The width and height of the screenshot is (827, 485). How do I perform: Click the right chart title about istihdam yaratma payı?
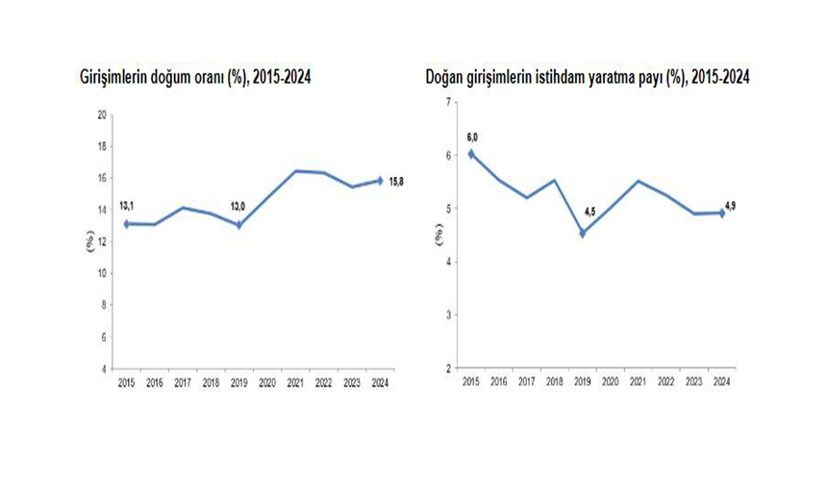tap(588, 77)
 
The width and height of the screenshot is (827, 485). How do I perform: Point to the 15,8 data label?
tap(395, 181)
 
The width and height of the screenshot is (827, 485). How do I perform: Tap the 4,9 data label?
tap(730, 204)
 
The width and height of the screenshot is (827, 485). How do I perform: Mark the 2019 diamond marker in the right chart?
tap(583, 233)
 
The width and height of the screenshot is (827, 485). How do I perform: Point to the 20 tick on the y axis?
tap(102, 115)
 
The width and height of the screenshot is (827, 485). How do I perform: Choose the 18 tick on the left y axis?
tap(102, 146)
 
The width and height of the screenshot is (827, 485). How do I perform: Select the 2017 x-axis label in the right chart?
tap(526, 381)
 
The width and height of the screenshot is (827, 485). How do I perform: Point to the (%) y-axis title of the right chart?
tap(438, 234)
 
